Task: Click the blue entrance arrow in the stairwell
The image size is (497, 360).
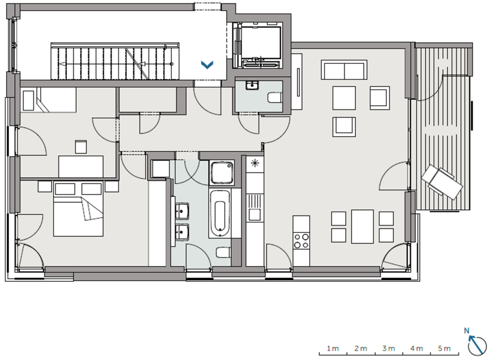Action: [x=207, y=65]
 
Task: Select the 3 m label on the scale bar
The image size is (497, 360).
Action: [x=389, y=348]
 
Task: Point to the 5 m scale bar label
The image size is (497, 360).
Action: [x=444, y=348]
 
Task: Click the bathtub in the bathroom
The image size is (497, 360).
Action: [x=220, y=213]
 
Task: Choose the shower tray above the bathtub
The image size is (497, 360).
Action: [x=222, y=173]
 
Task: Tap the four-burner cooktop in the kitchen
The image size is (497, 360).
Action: [x=301, y=241]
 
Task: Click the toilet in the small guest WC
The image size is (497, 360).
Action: [x=275, y=97]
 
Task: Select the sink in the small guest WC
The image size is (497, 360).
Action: [x=252, y=85]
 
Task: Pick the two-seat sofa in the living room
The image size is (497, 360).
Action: [x=344, y=70]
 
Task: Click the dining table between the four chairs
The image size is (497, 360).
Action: [x=362, y=226]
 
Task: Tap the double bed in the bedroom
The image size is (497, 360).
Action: [x=78, y=209]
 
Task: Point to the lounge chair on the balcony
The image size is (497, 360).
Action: [x=442, y=182]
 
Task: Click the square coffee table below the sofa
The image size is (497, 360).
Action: [x=344, y=98]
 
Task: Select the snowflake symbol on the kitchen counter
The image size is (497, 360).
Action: [x=255, y=163]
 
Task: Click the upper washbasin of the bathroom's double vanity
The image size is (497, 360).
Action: [x=182, y=211]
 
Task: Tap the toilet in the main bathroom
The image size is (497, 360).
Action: [x=224, y=252]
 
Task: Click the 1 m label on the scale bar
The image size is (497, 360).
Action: [x=333, y=348]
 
